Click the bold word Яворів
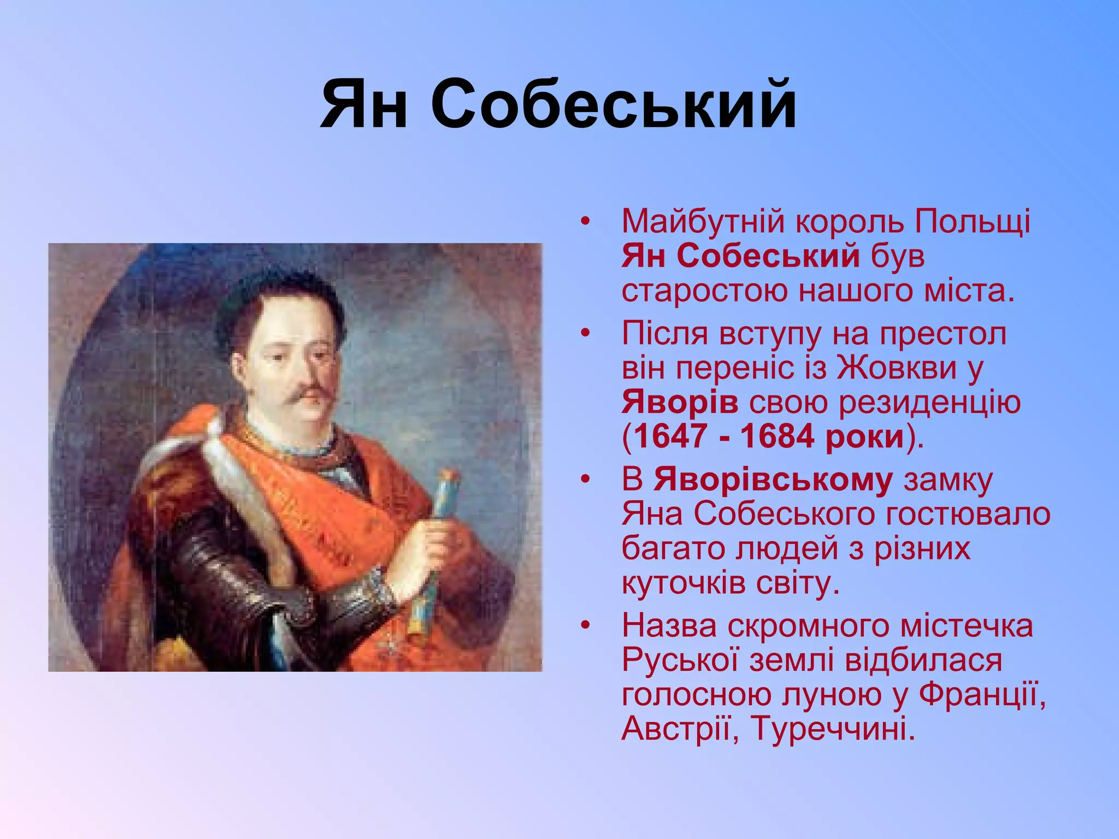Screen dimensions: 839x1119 click(x=680, y=403)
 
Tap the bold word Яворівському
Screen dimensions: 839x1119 click(x=773, y=480)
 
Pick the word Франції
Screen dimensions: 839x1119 click(x=982, y=695)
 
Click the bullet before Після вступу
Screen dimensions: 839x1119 click(x=586, y=334)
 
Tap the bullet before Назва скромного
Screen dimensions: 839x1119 click(x=586, y=626)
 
